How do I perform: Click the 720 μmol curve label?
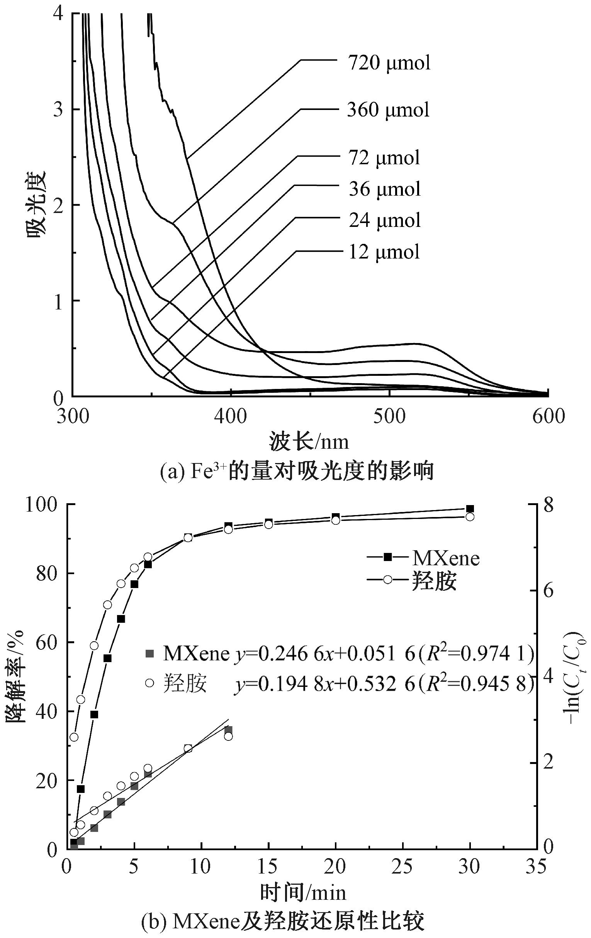(x=389, y=63)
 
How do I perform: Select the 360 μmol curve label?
(x=388, y=110)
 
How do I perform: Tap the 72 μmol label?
(x=384, y=158)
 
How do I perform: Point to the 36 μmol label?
(x=385, y=189)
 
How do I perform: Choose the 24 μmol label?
(x=385, y=220)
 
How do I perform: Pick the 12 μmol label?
(x=384, y=252)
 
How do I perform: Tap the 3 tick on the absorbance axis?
(x=58, y=110)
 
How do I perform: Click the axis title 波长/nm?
(x=308, y=442)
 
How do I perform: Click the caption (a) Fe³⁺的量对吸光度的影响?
(x=297, y=472)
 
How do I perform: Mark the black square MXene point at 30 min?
(x=470, y=509)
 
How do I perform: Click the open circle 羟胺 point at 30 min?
(x=470, y=517)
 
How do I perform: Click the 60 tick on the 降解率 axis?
(x=46, y=642)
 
